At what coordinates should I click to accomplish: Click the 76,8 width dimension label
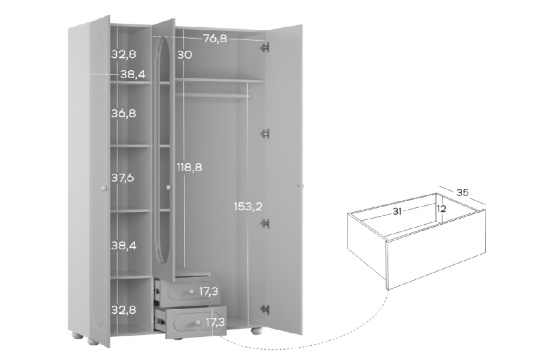(215, 39)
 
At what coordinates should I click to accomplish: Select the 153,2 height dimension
(248, 206)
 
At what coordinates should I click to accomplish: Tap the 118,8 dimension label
(189, 167)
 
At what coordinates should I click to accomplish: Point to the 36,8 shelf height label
(124, 113)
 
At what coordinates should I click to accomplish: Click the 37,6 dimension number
(123, 178)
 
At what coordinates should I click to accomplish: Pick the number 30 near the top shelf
(185, 55)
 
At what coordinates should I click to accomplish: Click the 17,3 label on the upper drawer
(208, 292)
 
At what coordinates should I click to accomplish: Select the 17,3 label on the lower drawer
(215, 323)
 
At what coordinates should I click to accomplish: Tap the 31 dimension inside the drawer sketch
(397, 211)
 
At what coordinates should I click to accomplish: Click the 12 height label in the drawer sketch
(442, 209)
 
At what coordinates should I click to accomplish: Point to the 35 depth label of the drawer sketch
(463, 192)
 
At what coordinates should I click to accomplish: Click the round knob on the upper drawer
(191, 293)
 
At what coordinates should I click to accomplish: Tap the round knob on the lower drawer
(198, 323)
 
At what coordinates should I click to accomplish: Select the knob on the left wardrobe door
(104, 188)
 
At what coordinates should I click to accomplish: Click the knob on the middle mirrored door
(168, 187)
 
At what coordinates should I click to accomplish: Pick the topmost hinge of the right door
(265, 48)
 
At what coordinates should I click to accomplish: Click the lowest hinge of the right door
(265, 310)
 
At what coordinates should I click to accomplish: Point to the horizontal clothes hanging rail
(212, 94)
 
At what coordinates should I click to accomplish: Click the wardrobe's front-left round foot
(93, 341)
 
